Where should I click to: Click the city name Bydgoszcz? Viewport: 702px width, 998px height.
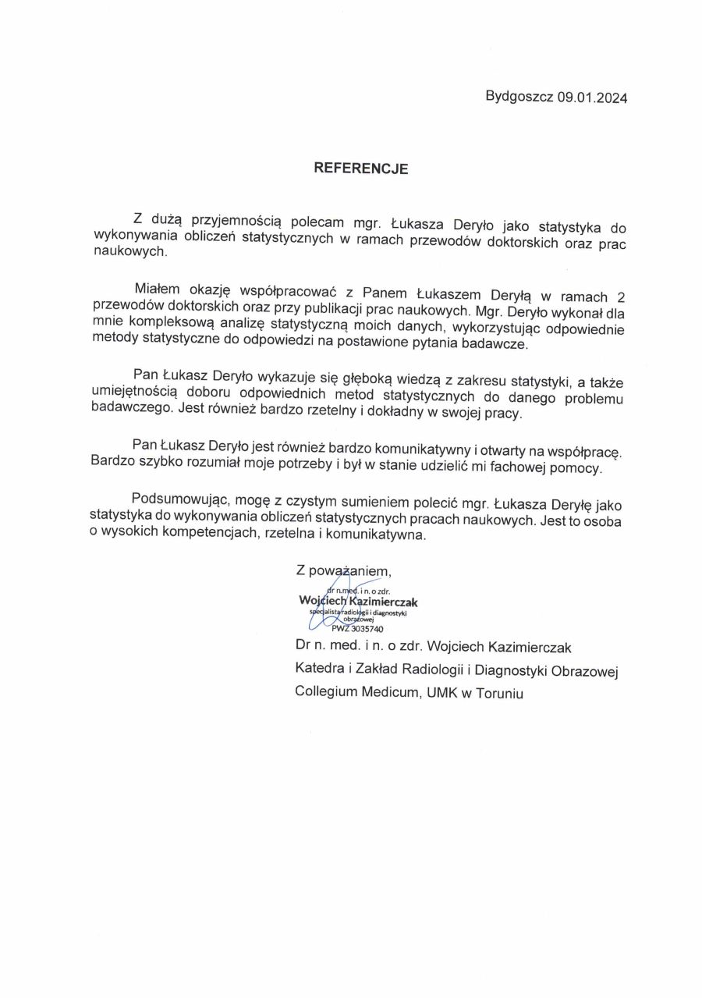[519, 98]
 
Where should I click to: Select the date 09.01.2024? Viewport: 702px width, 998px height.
[592, 98]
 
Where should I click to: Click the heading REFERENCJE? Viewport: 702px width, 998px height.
[361, 168]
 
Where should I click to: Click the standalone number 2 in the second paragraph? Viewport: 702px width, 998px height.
[621, 296]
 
